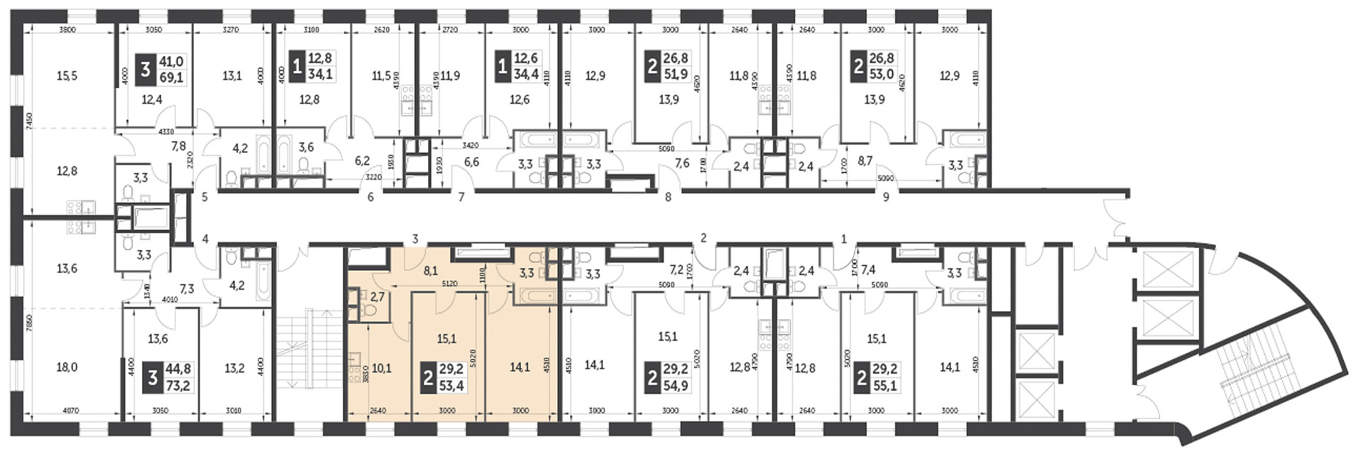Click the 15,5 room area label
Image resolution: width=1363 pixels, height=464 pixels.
pos(67,76)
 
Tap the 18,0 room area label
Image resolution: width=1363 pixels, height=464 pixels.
pos(67,367)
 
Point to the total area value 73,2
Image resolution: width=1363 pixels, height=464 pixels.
pos(178,386)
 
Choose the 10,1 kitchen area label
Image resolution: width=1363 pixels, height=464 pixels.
pos(382,367)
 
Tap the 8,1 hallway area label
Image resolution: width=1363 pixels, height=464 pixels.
pos(430,270)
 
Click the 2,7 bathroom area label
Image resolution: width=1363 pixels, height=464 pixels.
pos(378,296)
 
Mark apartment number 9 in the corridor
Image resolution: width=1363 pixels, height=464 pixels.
pos(886,198)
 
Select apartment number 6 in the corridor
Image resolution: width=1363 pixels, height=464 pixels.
pos(371,198)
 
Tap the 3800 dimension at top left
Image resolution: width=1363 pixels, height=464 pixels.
pos(67,30)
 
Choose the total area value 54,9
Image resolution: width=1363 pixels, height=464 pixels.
pos(675,386)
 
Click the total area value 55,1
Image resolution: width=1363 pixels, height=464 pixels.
pos(885,386)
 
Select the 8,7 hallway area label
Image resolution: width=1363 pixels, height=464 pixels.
pos(865,161)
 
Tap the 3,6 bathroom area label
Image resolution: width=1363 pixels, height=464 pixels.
pos(306,147)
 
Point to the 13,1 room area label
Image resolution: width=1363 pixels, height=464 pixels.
pos(232,76)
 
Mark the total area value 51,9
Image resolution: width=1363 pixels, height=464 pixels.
pos(675,74)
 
